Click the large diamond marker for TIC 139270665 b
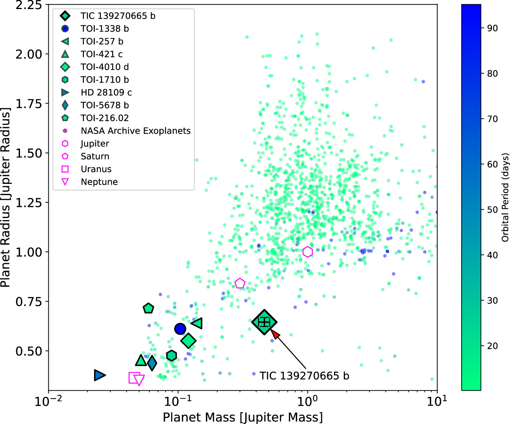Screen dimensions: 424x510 (x=264, y=322)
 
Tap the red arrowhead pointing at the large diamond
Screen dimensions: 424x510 (x=275, y=334)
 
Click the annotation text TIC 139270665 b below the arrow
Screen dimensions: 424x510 (x=304, y=376)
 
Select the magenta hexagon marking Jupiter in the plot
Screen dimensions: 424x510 (x=308, y=252)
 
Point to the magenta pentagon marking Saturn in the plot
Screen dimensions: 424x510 (x=240, y=283)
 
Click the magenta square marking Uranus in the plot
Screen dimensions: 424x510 (x=134, y=378)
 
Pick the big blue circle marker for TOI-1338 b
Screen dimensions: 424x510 (x=180, y=329)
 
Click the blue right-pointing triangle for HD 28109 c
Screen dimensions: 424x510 (x=100, y=375)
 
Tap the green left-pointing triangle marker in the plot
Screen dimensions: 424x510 (x=197, y=323)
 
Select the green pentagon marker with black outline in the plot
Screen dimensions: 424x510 (x=148, y=308)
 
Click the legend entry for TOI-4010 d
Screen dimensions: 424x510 (x=105, y=67)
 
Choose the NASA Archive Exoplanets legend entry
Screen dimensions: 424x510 (x=136, y=131)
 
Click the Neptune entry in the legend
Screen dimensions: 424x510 (x=99, y=182)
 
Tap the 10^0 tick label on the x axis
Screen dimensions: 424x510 (x=308, y=401)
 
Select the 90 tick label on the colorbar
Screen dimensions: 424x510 (x=492, y=28)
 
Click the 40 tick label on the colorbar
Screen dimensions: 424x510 (x=492, y=255)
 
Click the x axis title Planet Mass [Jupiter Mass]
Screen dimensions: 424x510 (x=243, y=417)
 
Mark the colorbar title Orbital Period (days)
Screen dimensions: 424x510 (x=505, y=197)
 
